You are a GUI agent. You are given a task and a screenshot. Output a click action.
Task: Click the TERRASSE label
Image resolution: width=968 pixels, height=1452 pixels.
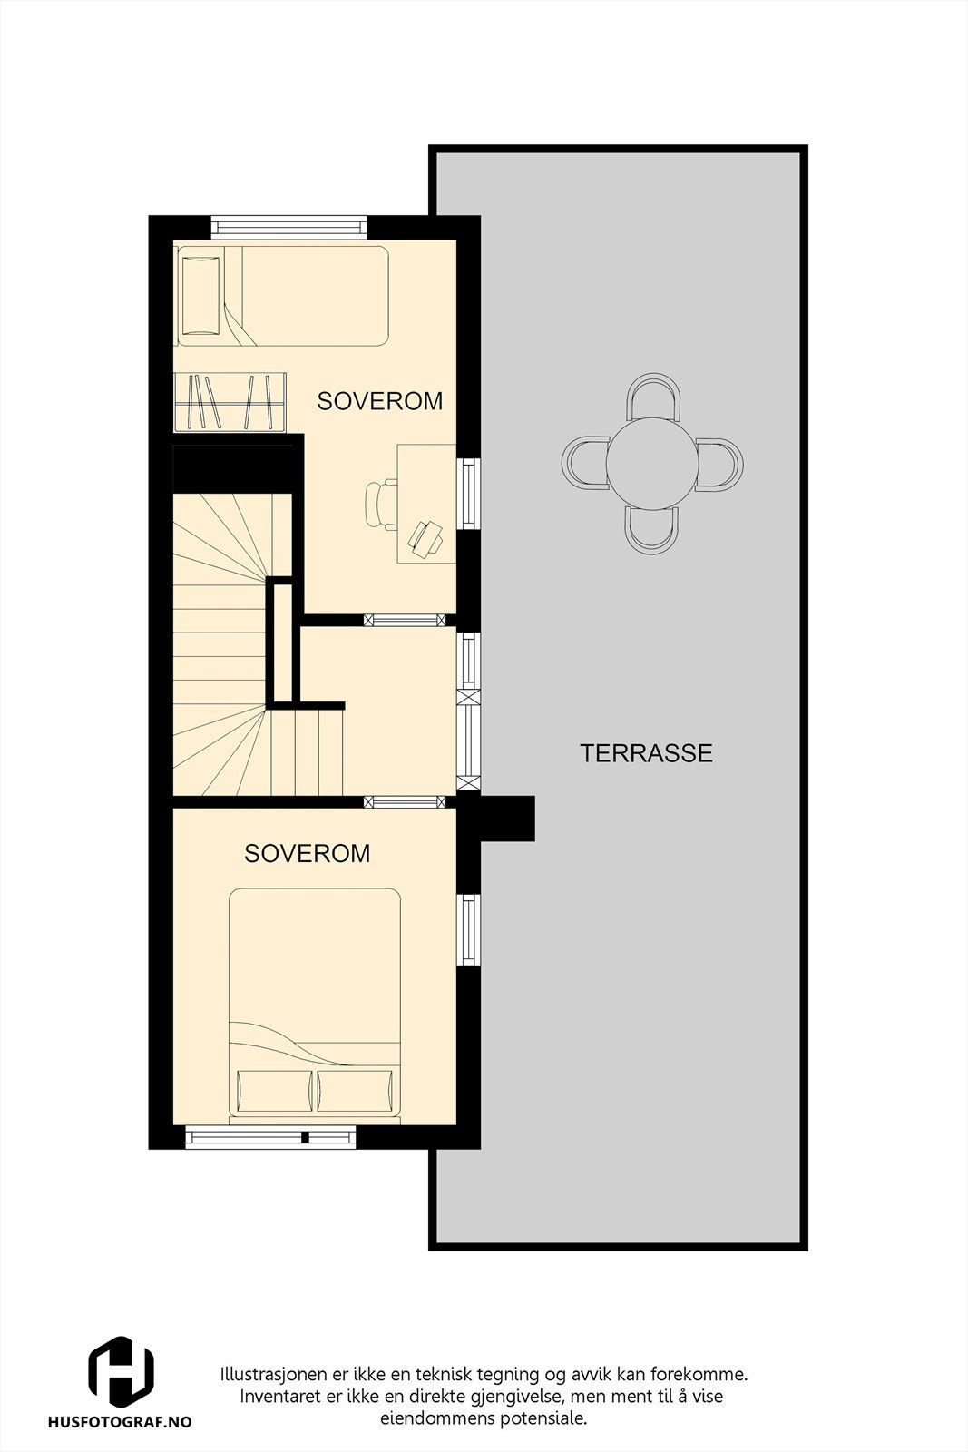[x=646, y=753]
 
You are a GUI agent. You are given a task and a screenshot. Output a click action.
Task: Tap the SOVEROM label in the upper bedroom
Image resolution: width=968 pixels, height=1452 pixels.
[x=379, y=400]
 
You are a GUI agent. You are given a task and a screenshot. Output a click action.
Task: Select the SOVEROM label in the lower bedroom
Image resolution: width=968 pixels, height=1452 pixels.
[x=307, y=853]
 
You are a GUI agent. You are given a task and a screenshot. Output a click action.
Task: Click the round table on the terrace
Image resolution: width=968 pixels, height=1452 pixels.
[x=652, y=464]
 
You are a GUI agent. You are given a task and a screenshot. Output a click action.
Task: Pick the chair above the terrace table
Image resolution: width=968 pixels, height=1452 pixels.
[x=652, y=396]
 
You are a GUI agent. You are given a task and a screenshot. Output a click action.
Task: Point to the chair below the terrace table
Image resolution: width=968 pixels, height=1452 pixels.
[x=652, y=531]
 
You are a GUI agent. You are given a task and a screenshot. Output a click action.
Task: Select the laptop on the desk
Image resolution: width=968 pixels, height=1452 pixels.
[x=425, y=537]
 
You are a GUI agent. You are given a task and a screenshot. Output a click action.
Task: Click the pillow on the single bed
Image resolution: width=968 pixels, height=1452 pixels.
[x=200, y=295]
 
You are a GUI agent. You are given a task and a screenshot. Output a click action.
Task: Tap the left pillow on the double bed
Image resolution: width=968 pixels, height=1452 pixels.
[x=273, y=1092]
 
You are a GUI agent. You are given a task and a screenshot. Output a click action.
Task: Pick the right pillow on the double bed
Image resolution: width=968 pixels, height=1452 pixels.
[x=355, y=1092]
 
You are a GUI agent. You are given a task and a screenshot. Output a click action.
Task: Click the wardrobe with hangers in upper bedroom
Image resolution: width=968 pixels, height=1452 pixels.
[x=230, y=402]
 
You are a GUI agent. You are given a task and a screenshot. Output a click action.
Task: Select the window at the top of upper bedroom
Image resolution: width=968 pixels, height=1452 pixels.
[x=288, y=227]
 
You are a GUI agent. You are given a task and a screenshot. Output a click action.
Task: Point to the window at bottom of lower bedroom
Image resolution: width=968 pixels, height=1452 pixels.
[x=270, y=1136]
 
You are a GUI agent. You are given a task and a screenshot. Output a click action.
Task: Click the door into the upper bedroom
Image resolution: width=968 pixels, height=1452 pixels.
[x=405, y=621]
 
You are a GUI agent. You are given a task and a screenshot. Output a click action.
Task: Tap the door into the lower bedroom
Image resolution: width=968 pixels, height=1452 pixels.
[x=405, y=801]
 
